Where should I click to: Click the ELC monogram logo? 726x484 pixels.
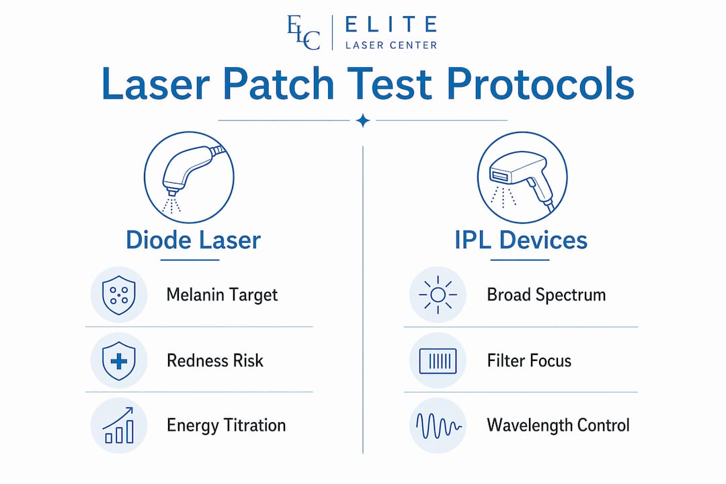tap(304, 32)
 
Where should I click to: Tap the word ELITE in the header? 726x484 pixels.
tap(391, 24)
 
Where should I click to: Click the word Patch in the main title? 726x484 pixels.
tap(278, 84)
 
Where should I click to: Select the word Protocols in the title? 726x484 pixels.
tap(540, 84)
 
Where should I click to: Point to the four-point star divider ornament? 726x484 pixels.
tap(363, 120)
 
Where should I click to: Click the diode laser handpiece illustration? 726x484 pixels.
tap(189, 177)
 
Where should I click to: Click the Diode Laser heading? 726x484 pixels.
tap(193, 240)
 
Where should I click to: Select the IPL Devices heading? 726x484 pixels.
tap(521, 240)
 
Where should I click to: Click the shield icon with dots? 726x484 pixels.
tap(119, 295)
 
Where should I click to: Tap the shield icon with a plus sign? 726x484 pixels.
tap(119, 361)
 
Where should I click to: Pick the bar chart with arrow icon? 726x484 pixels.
tap(118, 425)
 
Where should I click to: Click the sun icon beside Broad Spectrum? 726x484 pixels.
tap(438, 294)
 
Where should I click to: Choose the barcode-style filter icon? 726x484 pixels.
tap(438, 361)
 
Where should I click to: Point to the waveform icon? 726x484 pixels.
tap(438, 426)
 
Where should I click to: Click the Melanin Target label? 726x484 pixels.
tap(222, 295)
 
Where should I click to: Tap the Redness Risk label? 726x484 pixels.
tap(215, 360)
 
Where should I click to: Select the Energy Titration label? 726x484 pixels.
tap(226, 425)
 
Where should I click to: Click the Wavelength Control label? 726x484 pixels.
tap(558, 425)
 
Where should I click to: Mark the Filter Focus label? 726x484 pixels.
tap(529, 360)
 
